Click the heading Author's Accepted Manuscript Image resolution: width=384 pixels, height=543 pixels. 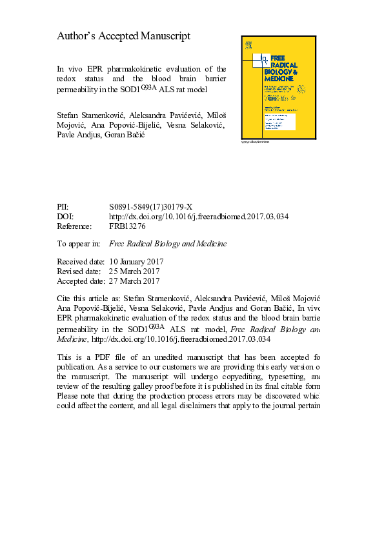point(124,36)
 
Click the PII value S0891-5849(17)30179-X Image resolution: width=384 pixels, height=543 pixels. point(151,207)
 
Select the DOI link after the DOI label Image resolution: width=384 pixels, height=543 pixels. point(199,217)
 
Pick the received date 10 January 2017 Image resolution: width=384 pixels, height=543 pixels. point(137,262)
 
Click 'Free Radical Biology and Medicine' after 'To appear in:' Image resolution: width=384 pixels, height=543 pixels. point(168,244)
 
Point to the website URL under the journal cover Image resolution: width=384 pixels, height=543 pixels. point(255,142)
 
